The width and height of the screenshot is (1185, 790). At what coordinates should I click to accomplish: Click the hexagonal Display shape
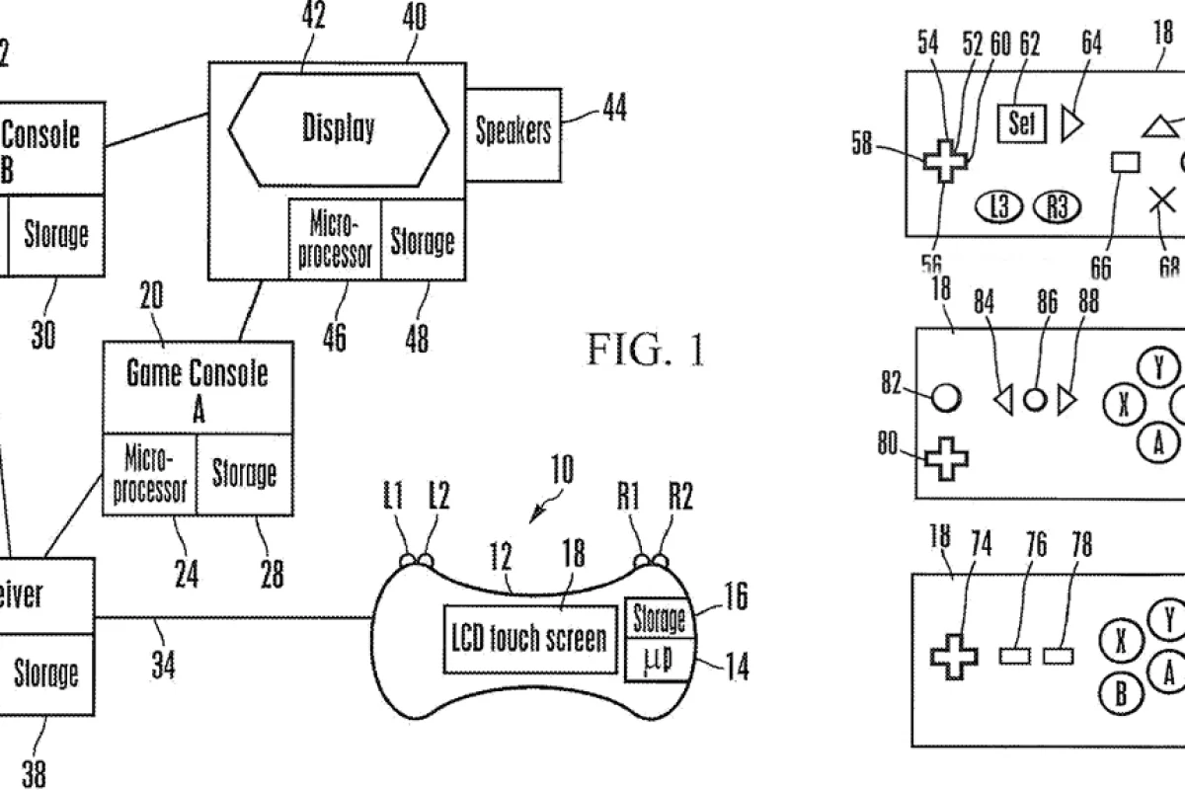(x=337, y=129)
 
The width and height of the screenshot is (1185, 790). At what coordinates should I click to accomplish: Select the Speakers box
(x=513, y=132)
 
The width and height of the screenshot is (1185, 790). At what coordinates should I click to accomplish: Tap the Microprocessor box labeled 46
(x=335, y=238)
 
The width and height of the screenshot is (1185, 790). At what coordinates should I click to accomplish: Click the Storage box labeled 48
(x=423, y=238)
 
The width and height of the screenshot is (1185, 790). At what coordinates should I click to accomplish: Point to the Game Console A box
(x=198, y=388)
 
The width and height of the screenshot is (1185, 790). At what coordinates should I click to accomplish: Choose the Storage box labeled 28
(x=245, y=474)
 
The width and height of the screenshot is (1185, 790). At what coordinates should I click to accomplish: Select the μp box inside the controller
(x=659, y=659)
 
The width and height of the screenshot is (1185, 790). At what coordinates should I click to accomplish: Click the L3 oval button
(x=1000, y=206)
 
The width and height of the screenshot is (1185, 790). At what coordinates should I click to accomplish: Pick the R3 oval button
(x=1057, y=206)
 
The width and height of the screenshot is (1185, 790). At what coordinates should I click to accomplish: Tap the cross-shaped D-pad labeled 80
(x=946, y=459)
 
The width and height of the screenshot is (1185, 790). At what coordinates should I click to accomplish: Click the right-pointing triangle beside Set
(x=1072, y=124)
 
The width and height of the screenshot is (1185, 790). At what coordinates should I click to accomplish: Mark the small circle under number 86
(x=1034, y=399)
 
